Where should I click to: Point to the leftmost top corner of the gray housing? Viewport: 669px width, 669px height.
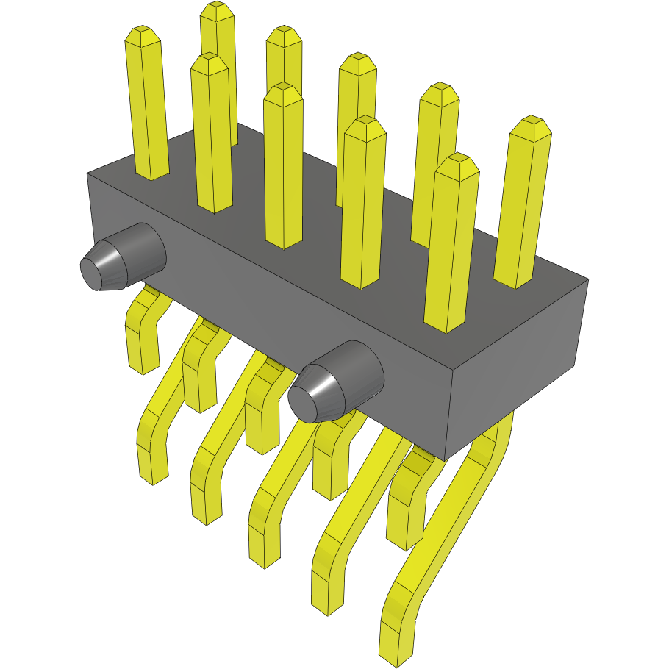click(x=87, y=174)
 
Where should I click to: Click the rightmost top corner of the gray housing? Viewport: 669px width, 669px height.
click(x=587, y=279)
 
